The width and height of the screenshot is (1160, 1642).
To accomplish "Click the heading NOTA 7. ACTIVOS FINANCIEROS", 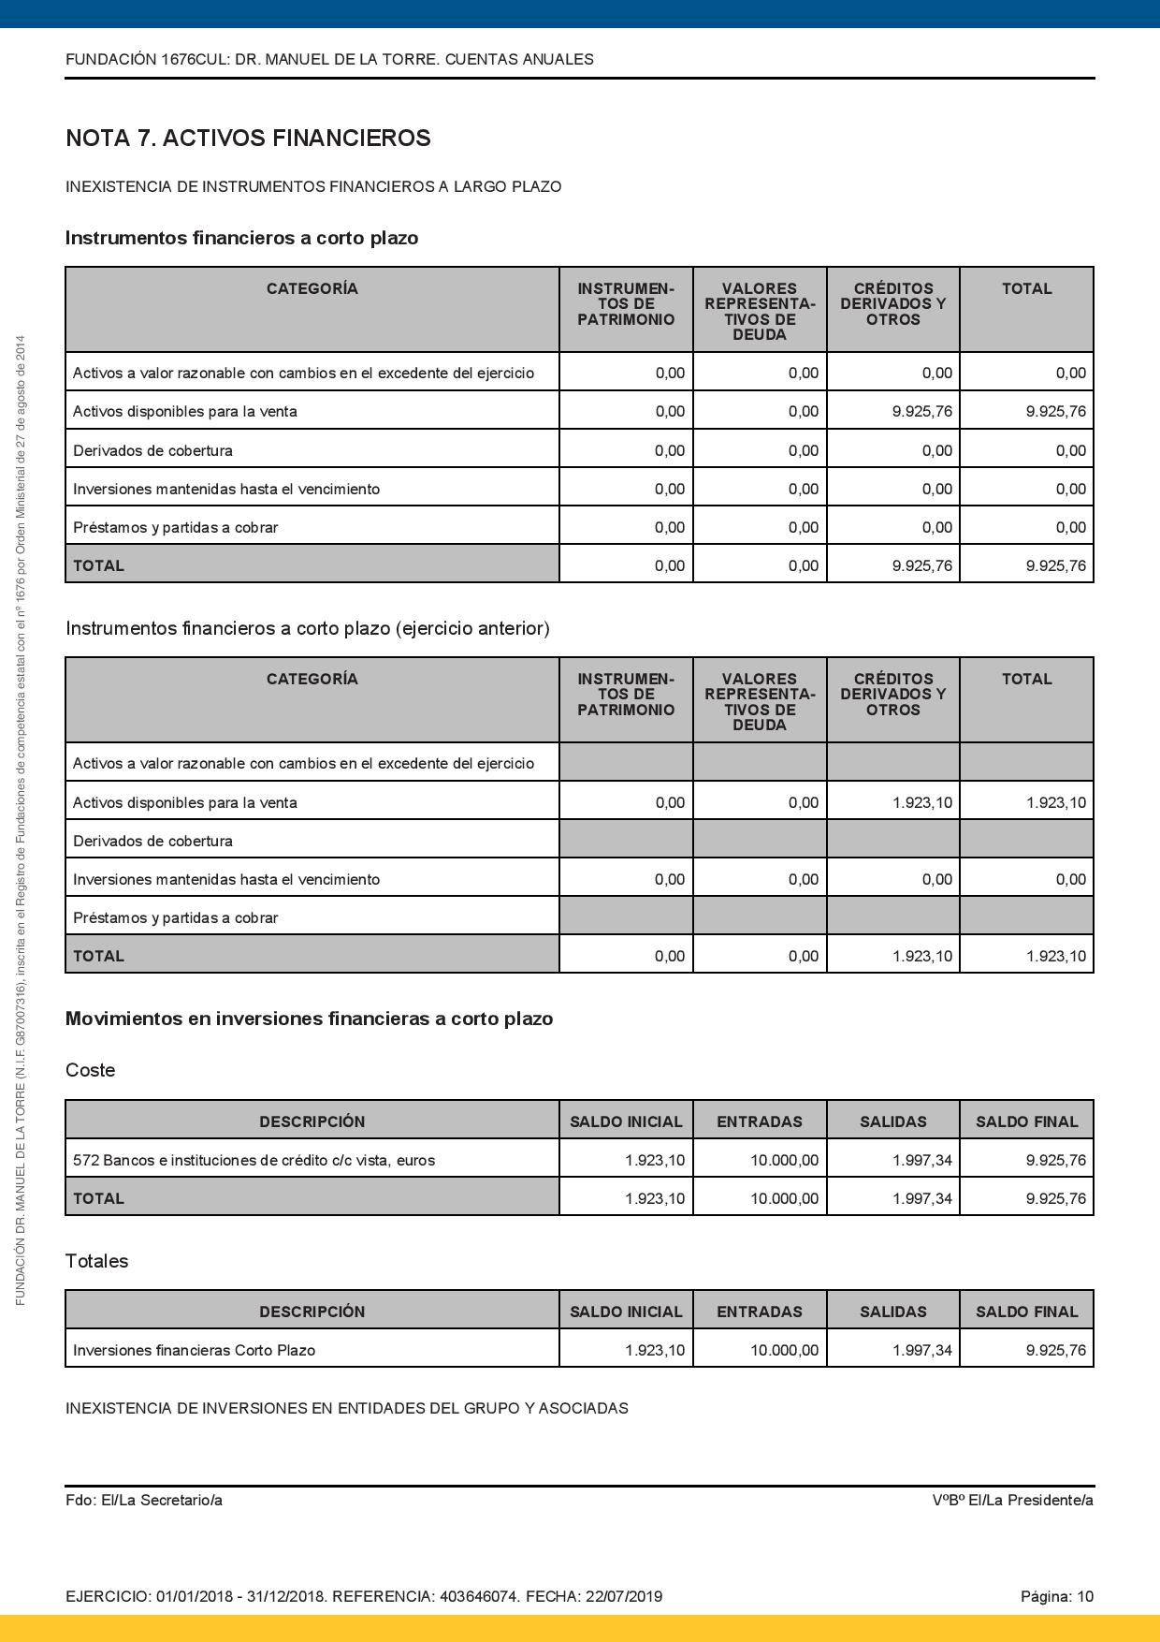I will click(x=248, y=139).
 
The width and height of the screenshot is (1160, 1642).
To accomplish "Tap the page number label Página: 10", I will click(x=1056, y=1596).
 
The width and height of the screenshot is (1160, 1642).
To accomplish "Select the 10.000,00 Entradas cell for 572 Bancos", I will click(x=784, y=1160).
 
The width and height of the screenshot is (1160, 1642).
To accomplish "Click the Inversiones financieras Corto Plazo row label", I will click(x=195, y=1350).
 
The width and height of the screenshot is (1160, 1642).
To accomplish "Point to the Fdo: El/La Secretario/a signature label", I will click(x=144, y=1500).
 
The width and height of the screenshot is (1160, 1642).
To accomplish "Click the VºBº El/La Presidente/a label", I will click(x=1012, y=1500).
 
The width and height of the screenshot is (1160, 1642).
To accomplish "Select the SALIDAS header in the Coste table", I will click(x=892, y=1122).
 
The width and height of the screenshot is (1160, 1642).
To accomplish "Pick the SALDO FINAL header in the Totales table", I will click(x=1026, y=1312).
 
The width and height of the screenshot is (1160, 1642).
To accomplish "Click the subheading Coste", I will click(x=90, y=1070).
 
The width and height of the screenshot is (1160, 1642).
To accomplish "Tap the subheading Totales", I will click(x=96, y=1261).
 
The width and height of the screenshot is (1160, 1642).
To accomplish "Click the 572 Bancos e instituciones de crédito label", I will click(x=254, y=1160).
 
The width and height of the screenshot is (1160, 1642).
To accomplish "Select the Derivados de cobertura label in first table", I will click(x=152, y=450).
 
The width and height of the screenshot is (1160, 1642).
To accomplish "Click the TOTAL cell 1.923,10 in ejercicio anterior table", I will click(x=1055, y=956).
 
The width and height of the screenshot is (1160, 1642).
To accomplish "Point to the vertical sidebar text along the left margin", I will click(x=21, y=819).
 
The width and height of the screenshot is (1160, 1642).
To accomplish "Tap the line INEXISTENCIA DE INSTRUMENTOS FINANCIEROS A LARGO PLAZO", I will click(x=313, y=186).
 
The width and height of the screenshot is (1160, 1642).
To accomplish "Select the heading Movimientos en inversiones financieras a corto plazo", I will click(x=309, y=1019).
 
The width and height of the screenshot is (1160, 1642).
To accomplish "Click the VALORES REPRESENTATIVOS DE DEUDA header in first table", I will click(x=760, y=311).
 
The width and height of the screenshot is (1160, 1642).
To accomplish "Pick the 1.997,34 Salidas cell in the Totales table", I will click(x=921, y=1350).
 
